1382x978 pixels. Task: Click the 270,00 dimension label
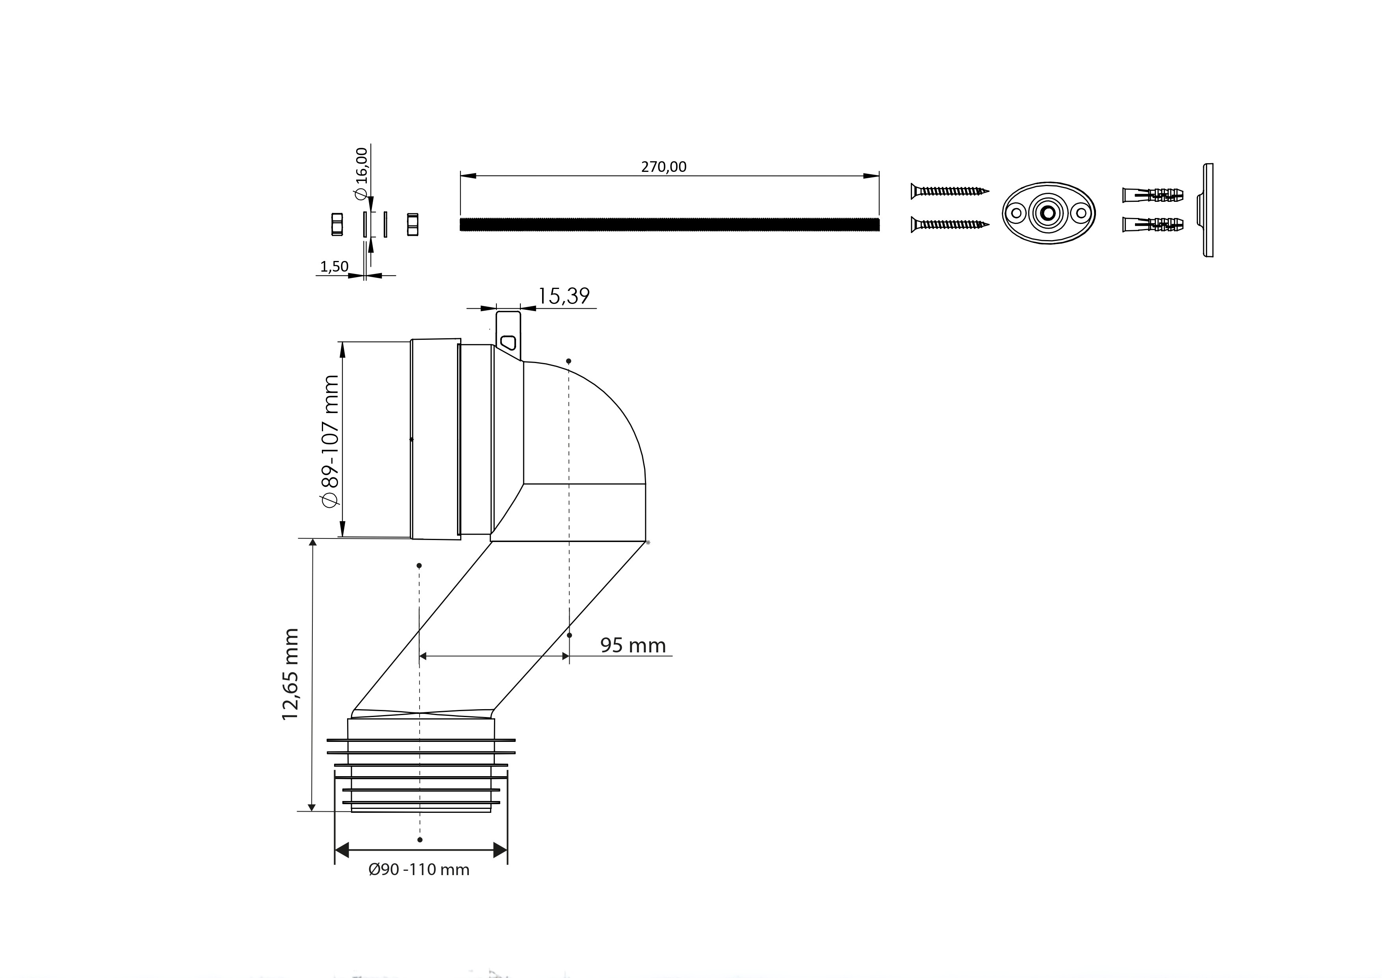click(663, 167)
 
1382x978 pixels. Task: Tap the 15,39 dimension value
click(563, 296)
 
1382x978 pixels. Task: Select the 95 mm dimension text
click(633, 646)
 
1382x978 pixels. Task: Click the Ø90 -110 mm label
click(419, 870)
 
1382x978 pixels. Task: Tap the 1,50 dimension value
click(334, 266)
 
